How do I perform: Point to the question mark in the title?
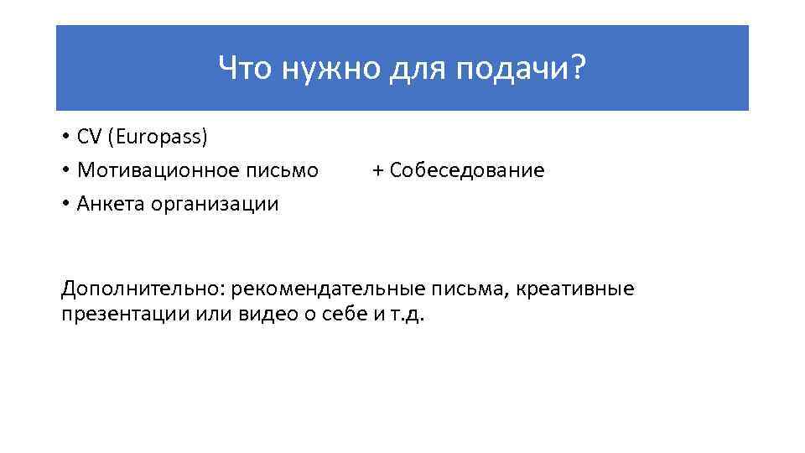(x=578, y=70)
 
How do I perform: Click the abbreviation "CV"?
(x=89, y=137)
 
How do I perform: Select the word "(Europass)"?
(x=156, y=137)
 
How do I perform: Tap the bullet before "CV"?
(x=65, y=138)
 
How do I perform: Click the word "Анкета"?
(x=111, y=204)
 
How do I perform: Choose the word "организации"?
(x=215, y=204)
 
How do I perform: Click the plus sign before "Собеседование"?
(x=378, y=171)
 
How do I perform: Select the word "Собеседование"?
(x=467, y=170)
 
